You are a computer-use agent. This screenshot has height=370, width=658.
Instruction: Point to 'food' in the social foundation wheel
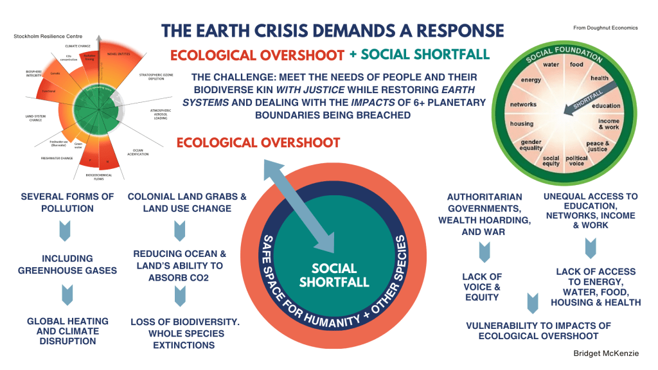click(x=576, y=65)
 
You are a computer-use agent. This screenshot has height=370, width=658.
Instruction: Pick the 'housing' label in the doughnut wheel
click(x=521, y=123)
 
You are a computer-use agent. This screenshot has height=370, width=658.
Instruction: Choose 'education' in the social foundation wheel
click(x=606, y=105)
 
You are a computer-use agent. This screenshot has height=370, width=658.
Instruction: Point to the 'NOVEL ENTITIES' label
click(x=118, y=55)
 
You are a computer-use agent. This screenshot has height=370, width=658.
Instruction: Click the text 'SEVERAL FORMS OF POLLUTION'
click(x=58, y=202)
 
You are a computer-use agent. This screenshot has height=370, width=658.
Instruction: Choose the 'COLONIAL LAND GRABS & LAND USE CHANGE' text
click(x=187, y=202)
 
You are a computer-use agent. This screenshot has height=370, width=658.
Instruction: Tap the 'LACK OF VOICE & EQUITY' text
click(x=481, y=286)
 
